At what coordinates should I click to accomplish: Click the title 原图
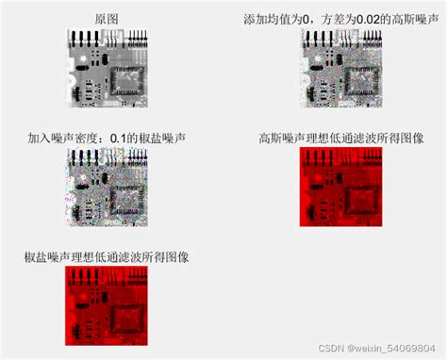[x=108, y=19]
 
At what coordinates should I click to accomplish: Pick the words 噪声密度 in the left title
[x=85, y=138]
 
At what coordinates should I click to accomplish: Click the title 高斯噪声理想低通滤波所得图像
[x=340, y=138]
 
